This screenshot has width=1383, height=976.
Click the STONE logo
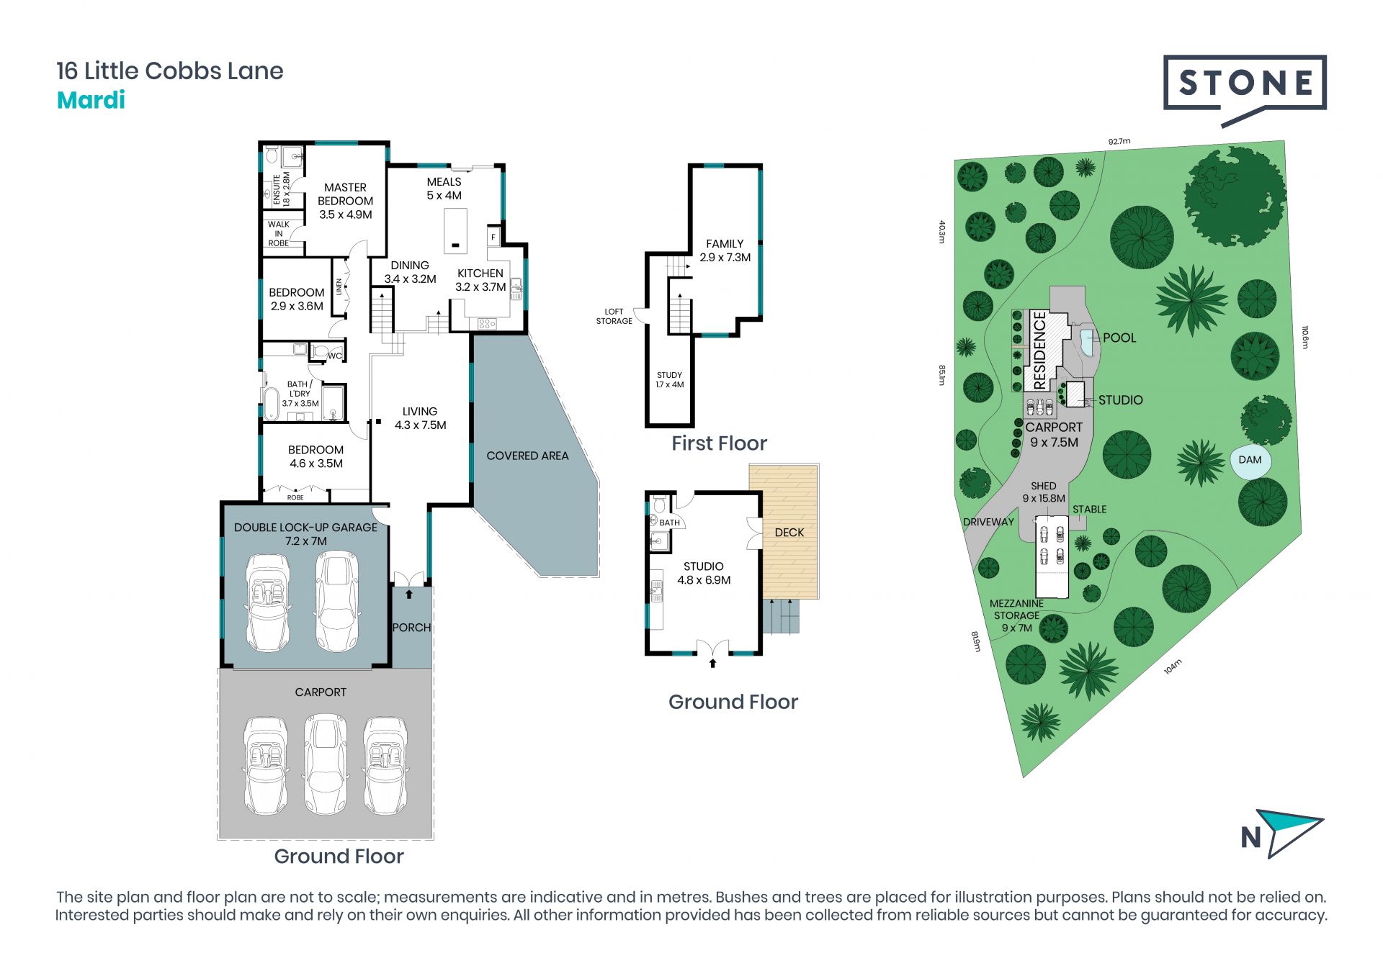coord(1245,89)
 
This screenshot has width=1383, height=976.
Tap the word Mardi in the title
coord(91,100)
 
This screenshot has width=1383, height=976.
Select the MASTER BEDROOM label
coord(345,194)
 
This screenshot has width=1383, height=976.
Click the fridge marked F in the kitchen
coord(494,237)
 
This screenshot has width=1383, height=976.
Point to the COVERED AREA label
coord(527,456)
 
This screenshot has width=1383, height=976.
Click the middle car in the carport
coord(326,764)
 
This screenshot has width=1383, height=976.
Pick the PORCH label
coord(411,628)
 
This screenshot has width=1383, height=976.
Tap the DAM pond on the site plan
coord(1250,461)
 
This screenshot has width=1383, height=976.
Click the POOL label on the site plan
coord(1119,338)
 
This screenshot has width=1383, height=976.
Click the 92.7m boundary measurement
coord(1119,142)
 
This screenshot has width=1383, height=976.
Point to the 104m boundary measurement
coord(1173,667)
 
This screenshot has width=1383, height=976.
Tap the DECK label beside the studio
coord(789,533)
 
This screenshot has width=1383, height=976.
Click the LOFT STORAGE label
coord(614,317)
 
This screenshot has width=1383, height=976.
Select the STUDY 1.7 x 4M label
coord(669,380)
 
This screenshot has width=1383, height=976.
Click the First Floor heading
coord(719,443)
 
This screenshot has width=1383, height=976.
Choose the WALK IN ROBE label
coord(279,234)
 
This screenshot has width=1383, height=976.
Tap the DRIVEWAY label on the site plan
coord(988,522)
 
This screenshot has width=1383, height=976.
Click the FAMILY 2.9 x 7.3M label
coord(725,250)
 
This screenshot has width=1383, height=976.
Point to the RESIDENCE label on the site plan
coord(1039,351)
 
